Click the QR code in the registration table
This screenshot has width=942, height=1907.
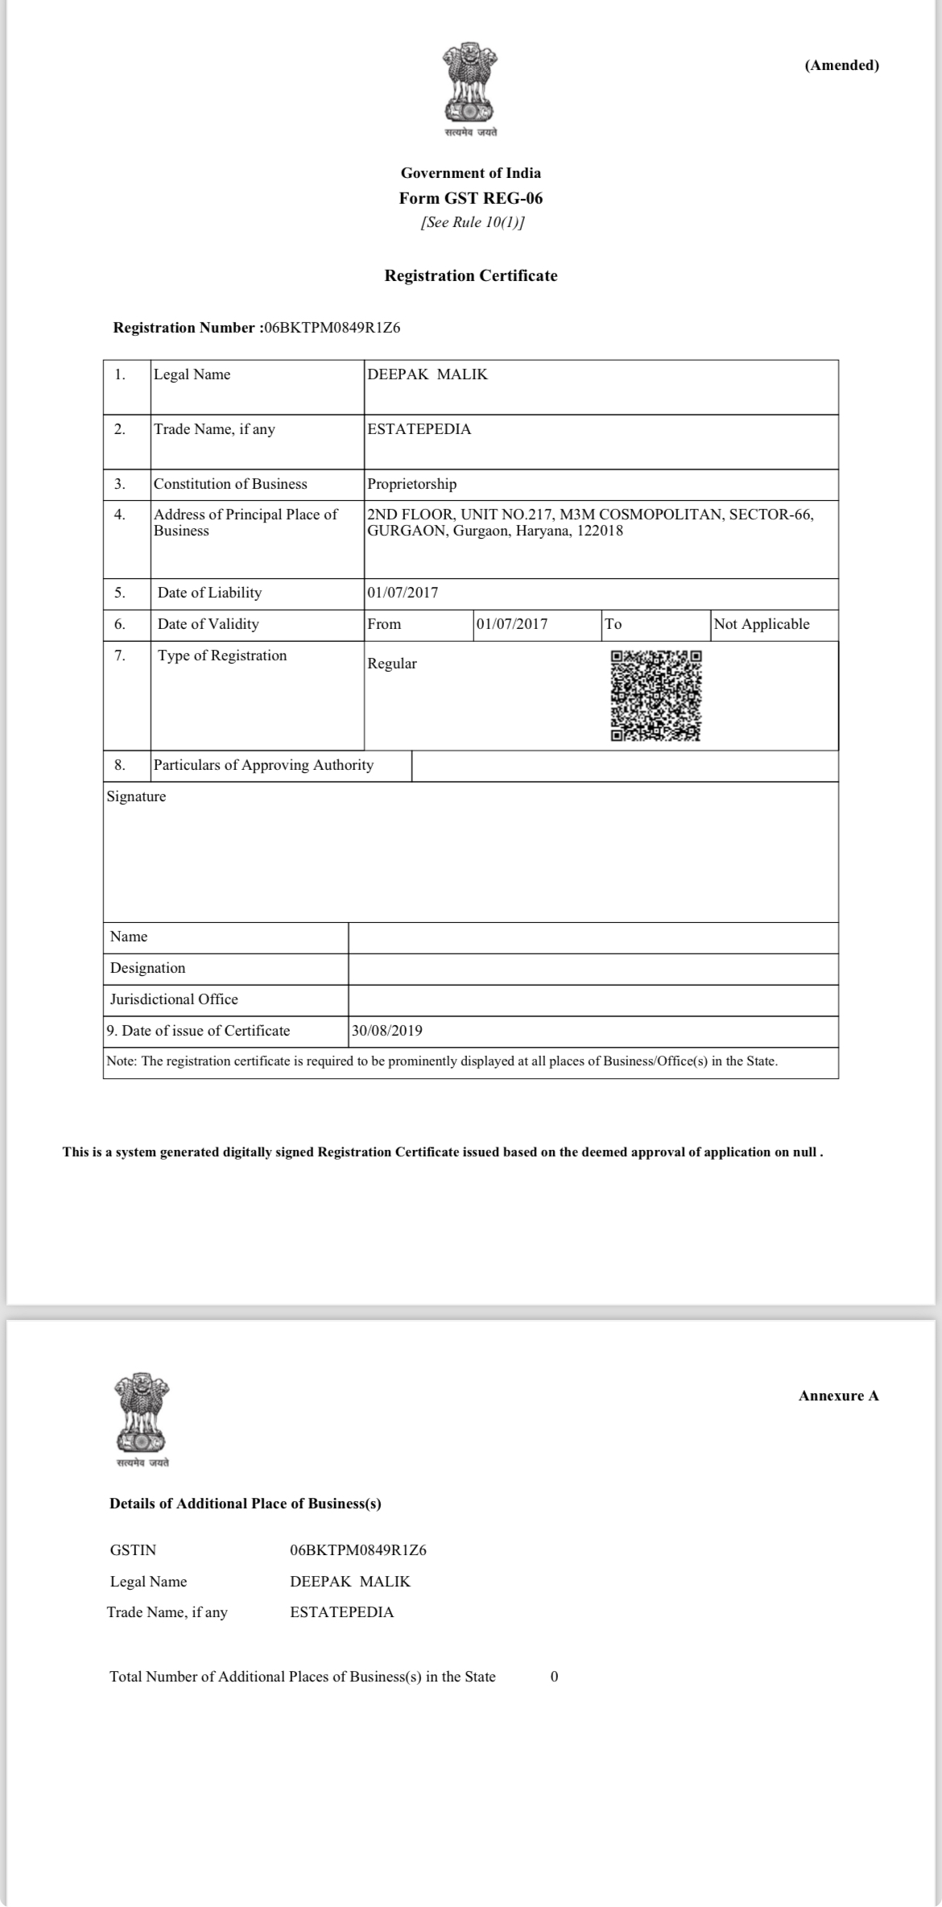point(655,695)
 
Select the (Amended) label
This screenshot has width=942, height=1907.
point(841,65)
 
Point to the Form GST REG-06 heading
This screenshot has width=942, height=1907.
point(471,198)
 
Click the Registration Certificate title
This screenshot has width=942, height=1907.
point(471,275)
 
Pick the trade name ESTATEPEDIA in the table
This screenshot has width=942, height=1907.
point(419,429)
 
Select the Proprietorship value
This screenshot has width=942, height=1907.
point(411,484)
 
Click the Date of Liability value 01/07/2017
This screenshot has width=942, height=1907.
point(403,593)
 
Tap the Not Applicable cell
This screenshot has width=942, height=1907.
point(762,624)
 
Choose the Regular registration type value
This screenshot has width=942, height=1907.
point(392,664)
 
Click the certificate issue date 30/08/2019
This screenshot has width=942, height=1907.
point(386,1031)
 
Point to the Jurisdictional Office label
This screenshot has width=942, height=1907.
point(174,999)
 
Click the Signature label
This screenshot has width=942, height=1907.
point(136,796)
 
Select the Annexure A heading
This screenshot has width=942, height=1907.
point(838,1396)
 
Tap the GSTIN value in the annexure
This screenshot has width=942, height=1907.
point(358,1549)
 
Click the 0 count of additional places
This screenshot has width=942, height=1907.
point(554,1677)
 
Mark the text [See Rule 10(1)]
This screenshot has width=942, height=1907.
point(473,222)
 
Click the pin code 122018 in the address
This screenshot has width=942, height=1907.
point(601,531)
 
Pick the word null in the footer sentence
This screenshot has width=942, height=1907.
point(804,1152)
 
